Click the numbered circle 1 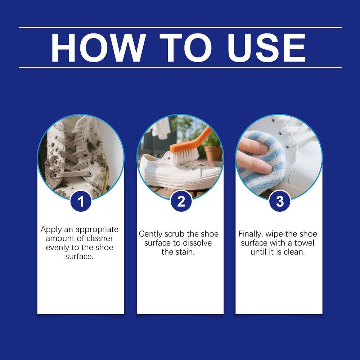point(81,201)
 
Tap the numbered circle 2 point(181,201)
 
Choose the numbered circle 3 point(280,201)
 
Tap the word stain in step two point(186,252)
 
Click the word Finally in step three point(251,234)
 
